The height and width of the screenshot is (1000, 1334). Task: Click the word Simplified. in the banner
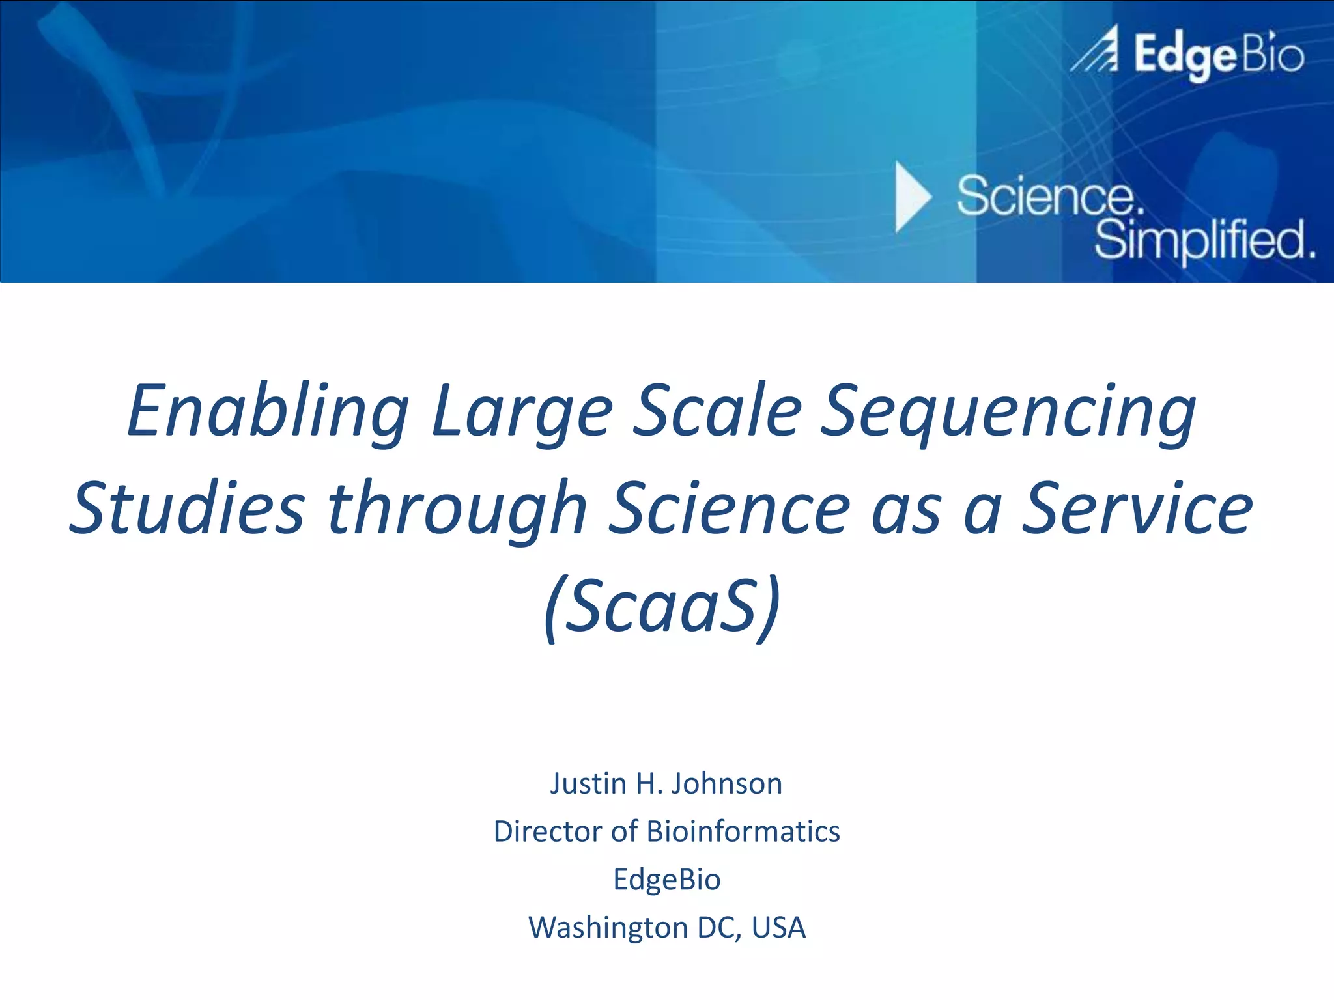coord(1204,240)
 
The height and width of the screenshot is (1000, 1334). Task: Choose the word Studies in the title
coord(187,508)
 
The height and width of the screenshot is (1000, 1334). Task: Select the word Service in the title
coord(1137,508)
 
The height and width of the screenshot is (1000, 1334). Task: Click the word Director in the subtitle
coord(548,831)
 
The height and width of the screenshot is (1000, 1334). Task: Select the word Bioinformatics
coord(743,831)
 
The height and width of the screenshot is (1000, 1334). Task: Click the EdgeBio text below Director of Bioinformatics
coord(666,880)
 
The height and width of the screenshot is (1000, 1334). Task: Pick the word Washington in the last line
coord(608,928)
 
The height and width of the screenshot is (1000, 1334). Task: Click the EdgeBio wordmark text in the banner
coord(1218,55)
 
